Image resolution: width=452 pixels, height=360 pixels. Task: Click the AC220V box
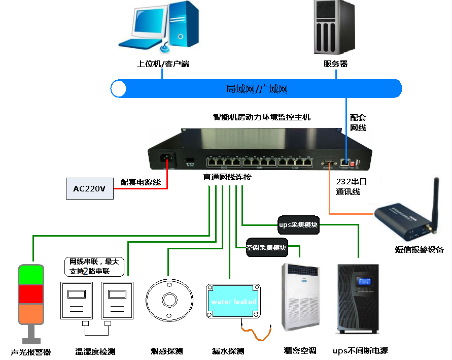click(x=89, y=189)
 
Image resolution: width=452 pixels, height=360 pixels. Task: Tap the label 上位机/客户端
click(x=163, y=64)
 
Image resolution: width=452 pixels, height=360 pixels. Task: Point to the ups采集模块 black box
click(x=299, y=225)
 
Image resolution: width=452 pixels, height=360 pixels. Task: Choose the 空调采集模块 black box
click(x=267, y=248)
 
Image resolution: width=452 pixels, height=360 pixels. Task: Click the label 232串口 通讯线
click(x=351, y=186)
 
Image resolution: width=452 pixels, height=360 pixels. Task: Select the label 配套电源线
click(x=141, y=182)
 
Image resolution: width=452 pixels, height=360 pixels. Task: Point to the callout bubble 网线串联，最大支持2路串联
click(x=95, y=267)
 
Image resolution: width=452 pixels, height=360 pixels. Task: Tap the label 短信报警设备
click(x=420, y=249)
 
